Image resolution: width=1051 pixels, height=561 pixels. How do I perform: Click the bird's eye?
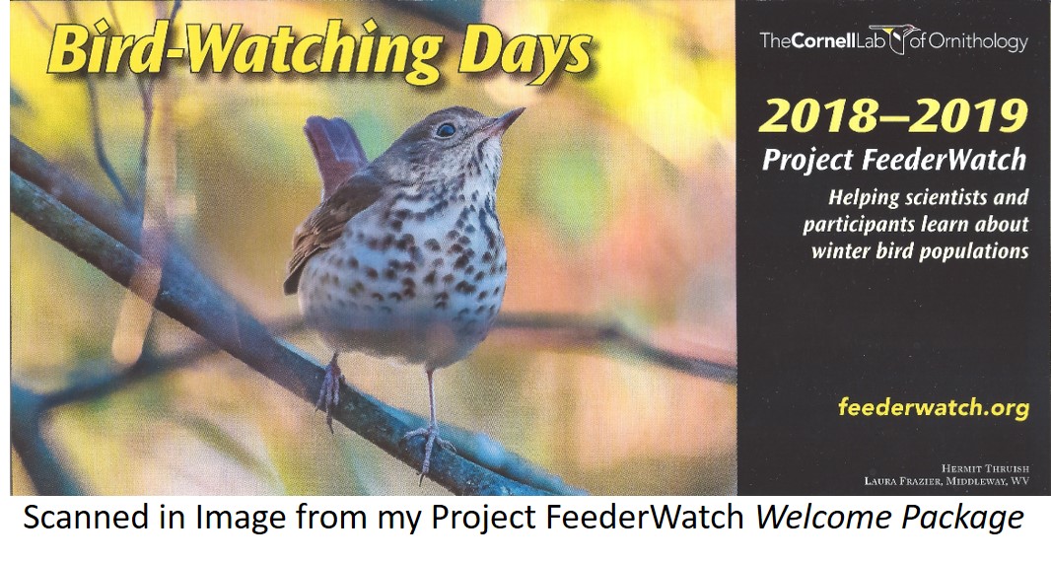447,128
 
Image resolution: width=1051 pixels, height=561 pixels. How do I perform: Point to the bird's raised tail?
333,148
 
